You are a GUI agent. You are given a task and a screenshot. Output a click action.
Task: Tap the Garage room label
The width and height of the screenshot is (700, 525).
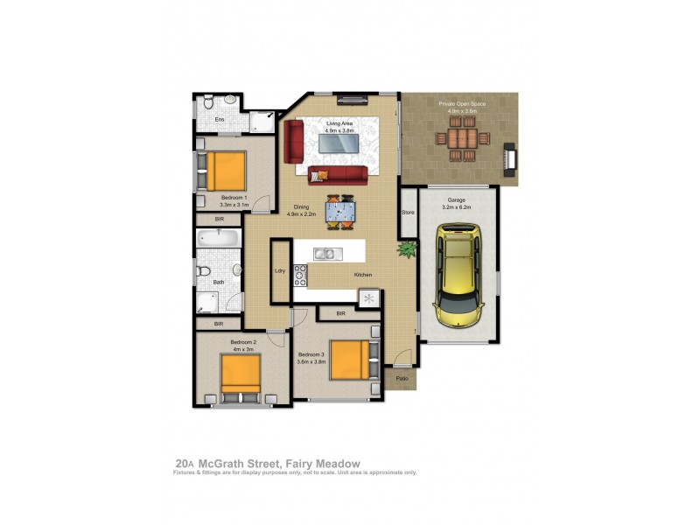[458, 199]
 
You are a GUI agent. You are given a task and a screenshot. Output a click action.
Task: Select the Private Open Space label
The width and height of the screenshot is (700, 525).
[461, 103]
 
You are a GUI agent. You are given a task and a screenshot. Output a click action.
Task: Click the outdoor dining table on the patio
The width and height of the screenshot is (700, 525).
[460, 138]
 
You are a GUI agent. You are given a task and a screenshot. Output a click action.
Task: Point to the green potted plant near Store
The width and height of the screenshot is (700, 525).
[406, 250]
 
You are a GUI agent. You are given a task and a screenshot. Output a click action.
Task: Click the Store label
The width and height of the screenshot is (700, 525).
[407, 213]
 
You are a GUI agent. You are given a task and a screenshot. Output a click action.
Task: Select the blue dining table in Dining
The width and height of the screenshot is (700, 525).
[339, 211]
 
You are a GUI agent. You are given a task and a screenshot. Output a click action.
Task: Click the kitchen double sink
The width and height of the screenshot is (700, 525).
[324, 255]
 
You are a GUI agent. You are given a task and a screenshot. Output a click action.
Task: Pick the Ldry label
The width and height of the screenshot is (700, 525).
[280, 270]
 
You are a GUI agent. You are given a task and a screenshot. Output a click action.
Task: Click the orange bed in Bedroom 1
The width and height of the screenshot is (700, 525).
[225, 171]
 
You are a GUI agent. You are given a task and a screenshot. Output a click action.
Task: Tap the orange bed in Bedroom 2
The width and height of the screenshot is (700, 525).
[241, 375]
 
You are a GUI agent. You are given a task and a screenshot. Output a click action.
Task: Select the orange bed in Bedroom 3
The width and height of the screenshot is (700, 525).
[349, 359]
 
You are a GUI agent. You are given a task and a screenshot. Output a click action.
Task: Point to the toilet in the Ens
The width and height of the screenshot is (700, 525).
[207, 103]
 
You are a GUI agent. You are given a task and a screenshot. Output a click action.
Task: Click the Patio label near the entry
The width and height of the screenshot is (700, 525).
[402, 378]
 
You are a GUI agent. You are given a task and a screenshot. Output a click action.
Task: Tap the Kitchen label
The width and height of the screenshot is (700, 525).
[363, 275]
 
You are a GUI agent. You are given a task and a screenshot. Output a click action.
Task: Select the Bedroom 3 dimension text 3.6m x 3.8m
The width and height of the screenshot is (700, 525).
[311, 361]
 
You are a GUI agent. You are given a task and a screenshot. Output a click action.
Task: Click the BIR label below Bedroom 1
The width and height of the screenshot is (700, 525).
[220, 220]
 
